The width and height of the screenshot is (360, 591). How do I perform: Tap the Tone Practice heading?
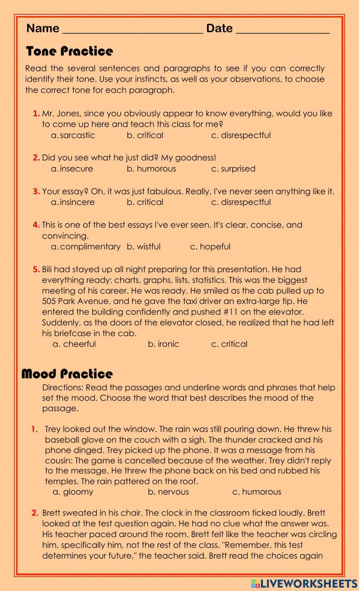click(69, 51)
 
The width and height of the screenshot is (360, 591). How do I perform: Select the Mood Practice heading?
click(67, 374)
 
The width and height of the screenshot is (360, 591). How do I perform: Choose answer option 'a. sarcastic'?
click(73, 135)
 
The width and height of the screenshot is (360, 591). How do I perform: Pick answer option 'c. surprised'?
click(233, 169)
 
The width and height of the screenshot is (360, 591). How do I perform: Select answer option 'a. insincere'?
click(73, 202)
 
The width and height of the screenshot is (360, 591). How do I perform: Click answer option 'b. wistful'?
click(144, 247)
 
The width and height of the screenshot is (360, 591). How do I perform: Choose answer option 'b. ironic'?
click(163, 344)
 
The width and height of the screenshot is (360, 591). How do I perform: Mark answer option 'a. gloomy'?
click(73, 492)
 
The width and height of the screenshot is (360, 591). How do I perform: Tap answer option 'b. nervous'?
click(168, 492)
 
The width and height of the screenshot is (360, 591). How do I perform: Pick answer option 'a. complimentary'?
click(86, 247)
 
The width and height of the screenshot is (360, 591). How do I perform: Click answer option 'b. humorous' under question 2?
click(151, 169)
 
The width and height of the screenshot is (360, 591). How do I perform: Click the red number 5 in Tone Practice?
click(36, 269)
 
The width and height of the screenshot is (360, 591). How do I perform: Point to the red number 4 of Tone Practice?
click(36, 225)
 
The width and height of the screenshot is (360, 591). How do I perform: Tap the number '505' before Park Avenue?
click(49, 301)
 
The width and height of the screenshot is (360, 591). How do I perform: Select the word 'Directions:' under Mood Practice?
click(63, 387)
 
